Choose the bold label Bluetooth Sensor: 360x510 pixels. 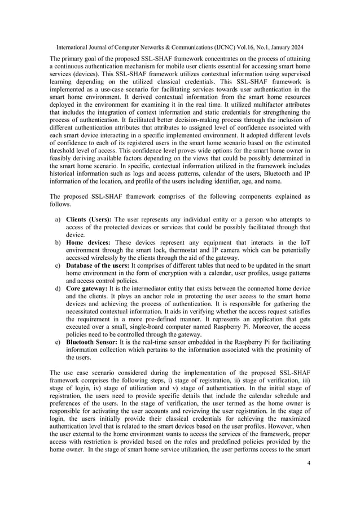click(94, 342)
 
